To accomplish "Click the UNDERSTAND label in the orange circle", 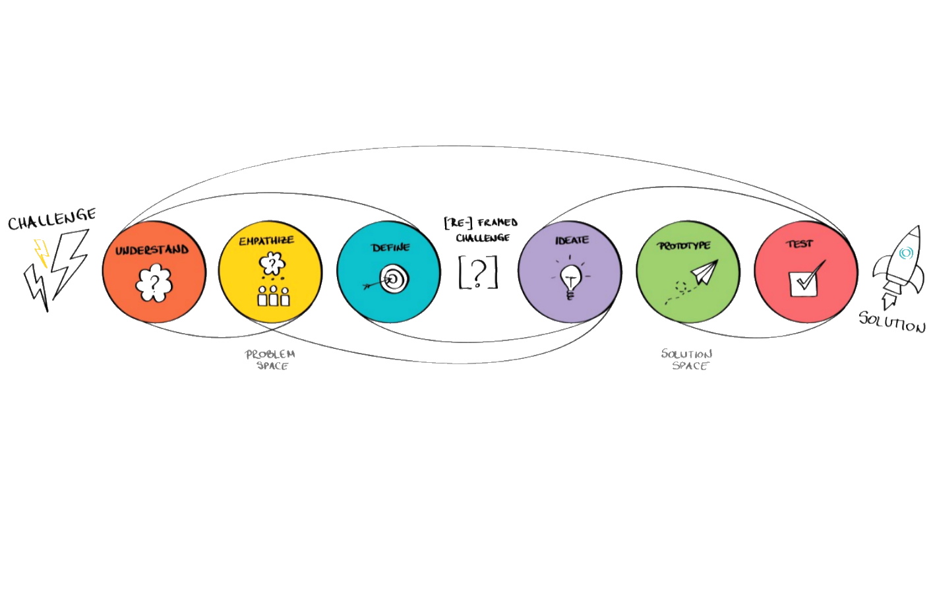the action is click(152, 251).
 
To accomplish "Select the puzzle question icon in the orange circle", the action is click(154, 282).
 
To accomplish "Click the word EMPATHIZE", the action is click(266, 241).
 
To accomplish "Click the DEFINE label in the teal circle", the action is click(390, 247).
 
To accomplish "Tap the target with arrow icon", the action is click(389, 280).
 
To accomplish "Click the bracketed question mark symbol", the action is click(479, 272).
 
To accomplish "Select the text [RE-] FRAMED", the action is click(481, 223).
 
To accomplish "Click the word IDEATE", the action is click(571, 240).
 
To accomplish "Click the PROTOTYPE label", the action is click(684, 245).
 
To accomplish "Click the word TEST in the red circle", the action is click(799, 244).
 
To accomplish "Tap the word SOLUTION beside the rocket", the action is click(893, 323).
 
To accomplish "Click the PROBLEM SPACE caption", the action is click(270, 360).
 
